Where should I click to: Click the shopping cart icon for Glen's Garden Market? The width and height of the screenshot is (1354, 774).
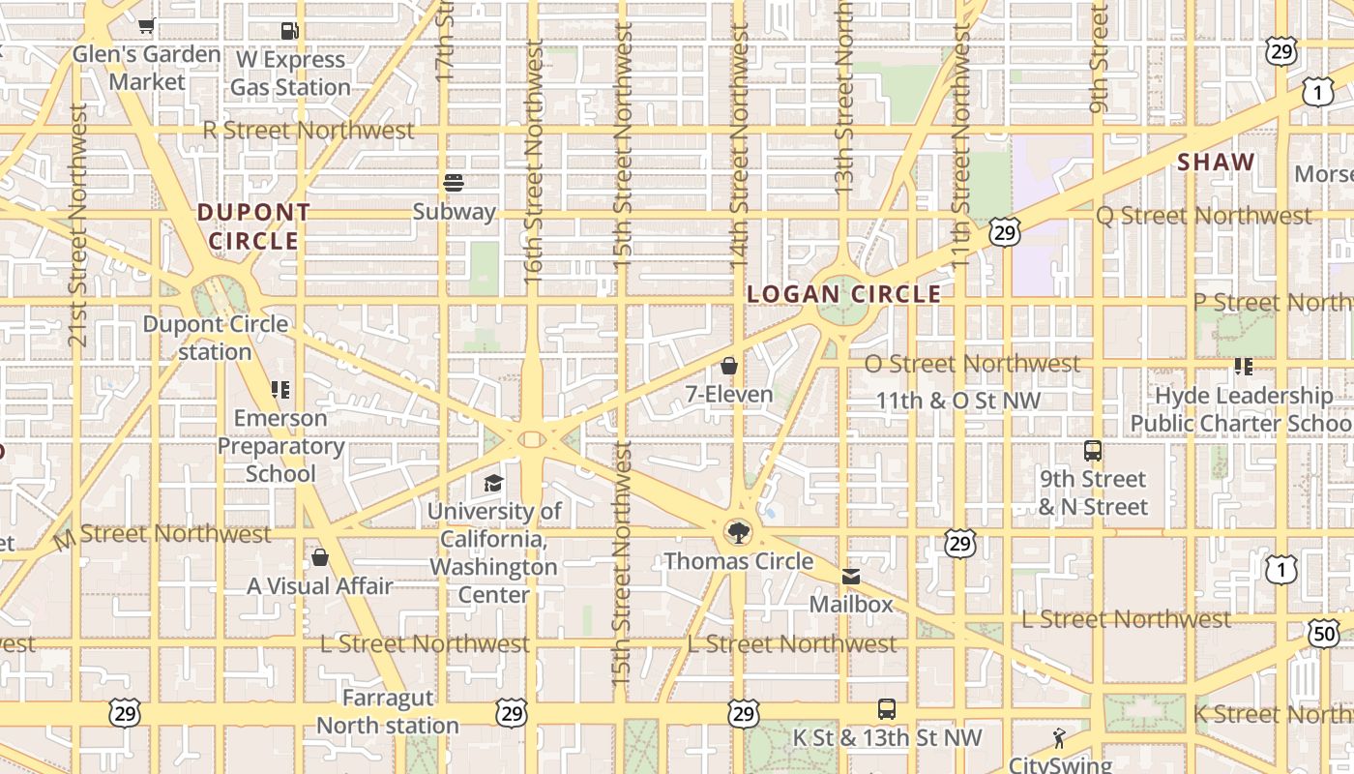point(146,26)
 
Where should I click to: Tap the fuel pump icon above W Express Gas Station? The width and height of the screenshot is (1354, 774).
point(289,31)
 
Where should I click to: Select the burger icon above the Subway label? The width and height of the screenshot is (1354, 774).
point(454,183)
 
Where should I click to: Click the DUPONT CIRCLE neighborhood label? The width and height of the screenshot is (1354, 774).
point(254,226)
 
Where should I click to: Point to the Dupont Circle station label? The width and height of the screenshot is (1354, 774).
point(215,338)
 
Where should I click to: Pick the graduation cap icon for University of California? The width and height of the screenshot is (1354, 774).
point(493,483)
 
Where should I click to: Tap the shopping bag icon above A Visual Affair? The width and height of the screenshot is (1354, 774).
point(320,558)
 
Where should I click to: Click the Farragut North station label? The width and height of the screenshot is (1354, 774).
point(388,711)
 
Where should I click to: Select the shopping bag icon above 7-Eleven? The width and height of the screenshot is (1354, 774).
point(729,366)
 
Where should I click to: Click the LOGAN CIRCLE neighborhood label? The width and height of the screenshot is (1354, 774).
point(844,294)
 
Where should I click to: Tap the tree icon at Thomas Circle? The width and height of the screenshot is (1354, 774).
point(738,532)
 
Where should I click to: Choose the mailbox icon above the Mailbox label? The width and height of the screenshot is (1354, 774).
point(851,577)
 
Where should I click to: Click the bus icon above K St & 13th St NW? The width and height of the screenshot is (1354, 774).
point(887,709)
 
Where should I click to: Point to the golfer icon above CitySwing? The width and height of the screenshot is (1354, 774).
point(1059,738)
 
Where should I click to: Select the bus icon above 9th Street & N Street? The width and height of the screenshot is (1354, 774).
point(1093,451)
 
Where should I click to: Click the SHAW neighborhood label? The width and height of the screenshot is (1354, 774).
point(1216,163)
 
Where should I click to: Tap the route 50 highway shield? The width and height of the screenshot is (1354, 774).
point(1325,634)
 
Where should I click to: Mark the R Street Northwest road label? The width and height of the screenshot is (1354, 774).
point(309,130)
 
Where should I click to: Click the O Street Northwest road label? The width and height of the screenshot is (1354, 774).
point(972,364)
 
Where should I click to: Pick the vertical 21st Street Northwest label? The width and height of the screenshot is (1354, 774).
point(78,224)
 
